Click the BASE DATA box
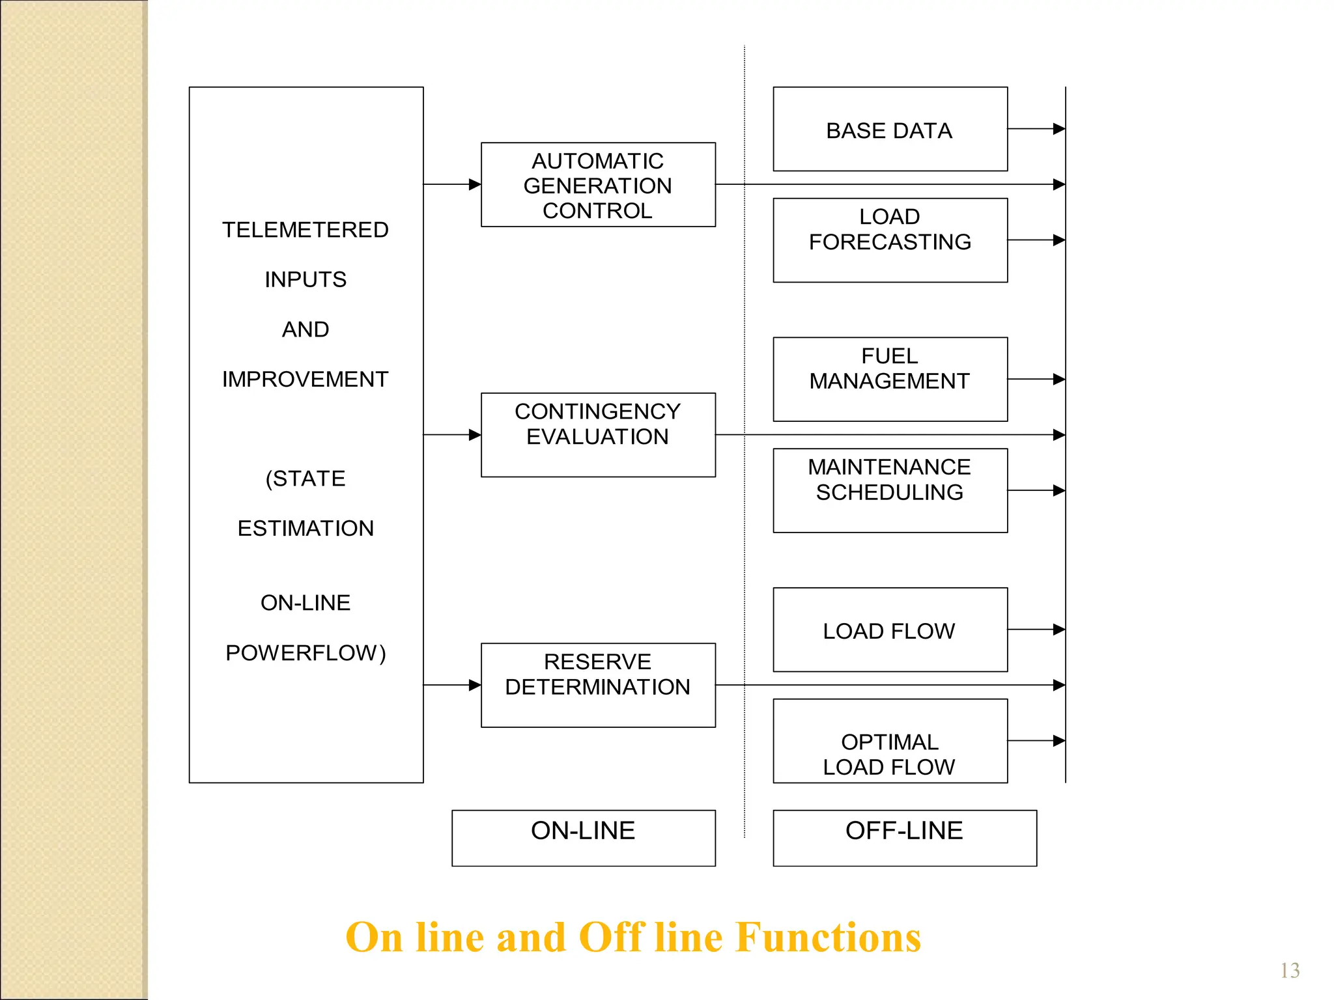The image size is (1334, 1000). (890, 130)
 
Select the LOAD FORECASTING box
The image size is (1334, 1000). (890, 240)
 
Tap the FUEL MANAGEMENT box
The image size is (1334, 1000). (890, 379)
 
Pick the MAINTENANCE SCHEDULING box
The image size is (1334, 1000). (890, 490)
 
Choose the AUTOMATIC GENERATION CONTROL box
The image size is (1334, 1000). (598, 185)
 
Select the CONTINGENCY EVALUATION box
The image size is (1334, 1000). (598, 435)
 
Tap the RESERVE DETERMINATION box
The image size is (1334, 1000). (598, 685)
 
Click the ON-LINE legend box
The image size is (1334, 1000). (584, 838)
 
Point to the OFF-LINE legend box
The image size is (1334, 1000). (905, 838)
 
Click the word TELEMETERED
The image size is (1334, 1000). (305, 230)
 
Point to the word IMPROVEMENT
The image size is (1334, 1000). (305, 379)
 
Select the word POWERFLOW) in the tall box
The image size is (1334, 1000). (305, 652)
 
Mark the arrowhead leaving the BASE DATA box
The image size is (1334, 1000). (1058, 129)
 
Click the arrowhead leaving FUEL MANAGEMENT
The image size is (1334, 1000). (1058, 379)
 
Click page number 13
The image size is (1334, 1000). (1290, 971)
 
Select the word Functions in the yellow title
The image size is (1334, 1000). (829, 937)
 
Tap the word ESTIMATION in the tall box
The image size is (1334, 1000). (305, 528)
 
